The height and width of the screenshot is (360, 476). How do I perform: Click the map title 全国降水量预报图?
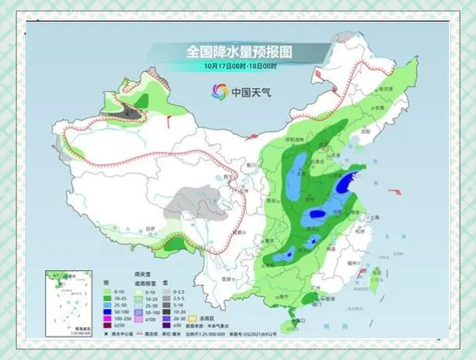tap(239, 51)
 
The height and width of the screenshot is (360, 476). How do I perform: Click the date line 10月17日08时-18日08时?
tap(240, 66)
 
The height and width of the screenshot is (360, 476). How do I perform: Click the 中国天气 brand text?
tap(251, 92)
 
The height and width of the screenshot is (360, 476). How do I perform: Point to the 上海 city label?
tap(373, 218)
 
